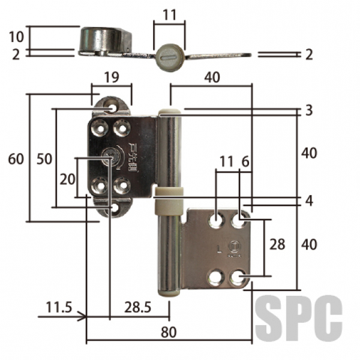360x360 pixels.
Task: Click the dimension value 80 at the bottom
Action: tap(169, 332)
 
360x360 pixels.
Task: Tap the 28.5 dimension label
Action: tap(138, 307)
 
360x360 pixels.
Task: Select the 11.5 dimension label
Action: tap(59, 307)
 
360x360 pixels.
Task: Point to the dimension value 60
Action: tap(16, 158)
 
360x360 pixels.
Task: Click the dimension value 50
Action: tap(44, 158)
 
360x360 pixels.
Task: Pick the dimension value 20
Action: tap(67, 179)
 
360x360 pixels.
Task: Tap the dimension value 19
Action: tap(112, 77)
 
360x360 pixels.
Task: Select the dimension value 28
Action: tap(277, 244)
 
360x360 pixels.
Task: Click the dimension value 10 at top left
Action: tap(16, 37)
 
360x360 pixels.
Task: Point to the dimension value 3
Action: tap(309, 110)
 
